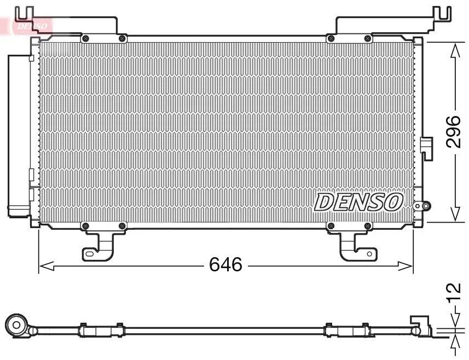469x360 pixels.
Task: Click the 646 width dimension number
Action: [x=225, y=265]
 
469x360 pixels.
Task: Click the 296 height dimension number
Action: [x=453, y=132]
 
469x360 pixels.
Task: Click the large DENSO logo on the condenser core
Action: [x=358, y=202]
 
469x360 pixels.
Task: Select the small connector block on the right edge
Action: [x=426, y=147]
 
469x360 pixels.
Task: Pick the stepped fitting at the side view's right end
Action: [x=421, y=326]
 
